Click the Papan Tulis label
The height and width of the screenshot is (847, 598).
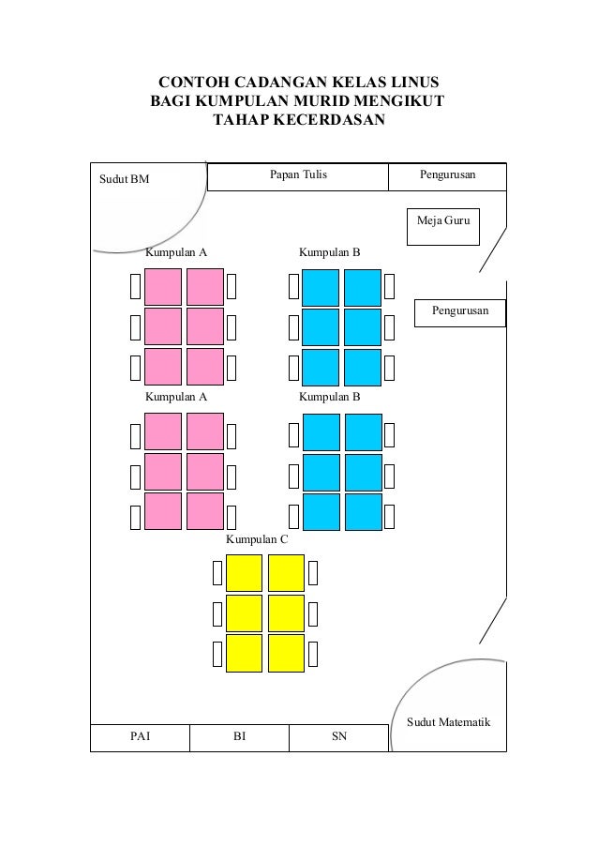[x=298, y=175]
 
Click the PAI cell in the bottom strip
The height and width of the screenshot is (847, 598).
[x=139, y=737]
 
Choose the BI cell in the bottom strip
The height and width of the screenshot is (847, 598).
[x=239, y=737]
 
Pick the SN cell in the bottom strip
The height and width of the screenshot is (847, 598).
[x=338, y=737]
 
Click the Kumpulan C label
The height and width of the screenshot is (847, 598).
[x=257, y=541]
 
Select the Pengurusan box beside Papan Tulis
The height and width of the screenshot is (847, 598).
[x=447, y=175]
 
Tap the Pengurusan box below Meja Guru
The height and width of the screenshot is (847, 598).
[x=459, y=310]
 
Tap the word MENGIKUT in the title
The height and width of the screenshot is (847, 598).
[x=396, y=100]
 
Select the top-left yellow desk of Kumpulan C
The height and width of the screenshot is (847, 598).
[x=244, y=572]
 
